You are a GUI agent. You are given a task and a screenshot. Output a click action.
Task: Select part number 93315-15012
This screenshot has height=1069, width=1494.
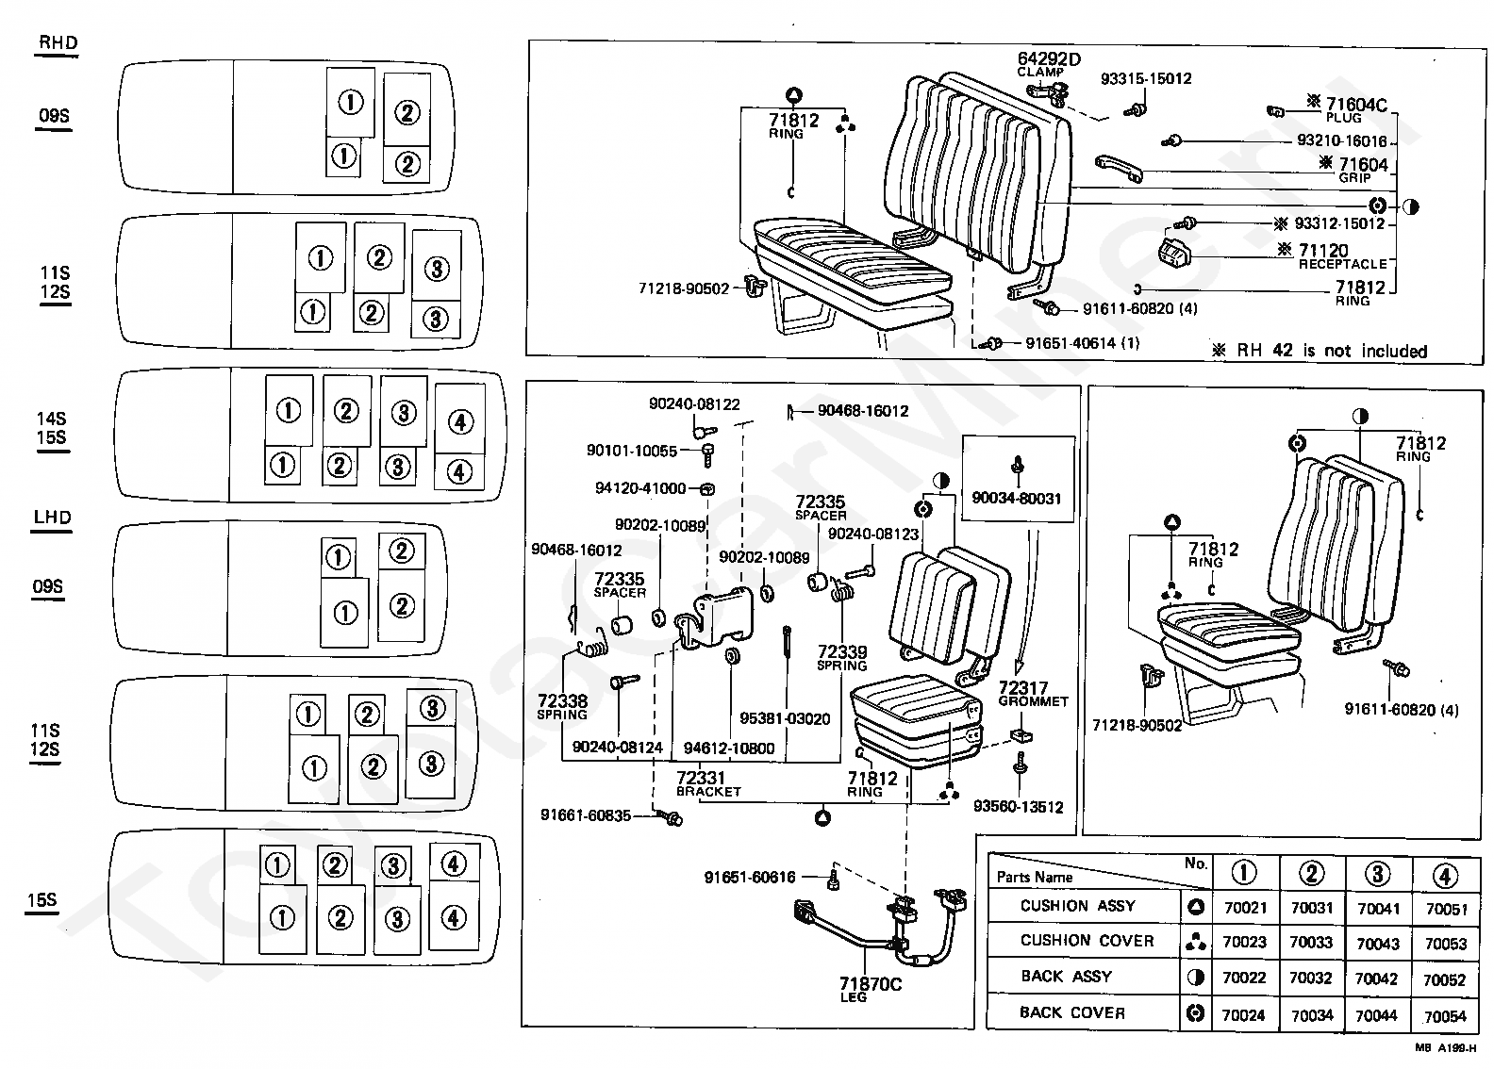[1146, 78]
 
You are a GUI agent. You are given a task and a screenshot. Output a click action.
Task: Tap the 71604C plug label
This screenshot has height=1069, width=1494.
[1356, 110]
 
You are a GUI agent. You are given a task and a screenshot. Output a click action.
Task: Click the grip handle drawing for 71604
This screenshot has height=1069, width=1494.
[1119, 168]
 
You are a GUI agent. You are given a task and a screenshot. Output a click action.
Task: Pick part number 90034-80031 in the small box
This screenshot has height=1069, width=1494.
[1016, 499]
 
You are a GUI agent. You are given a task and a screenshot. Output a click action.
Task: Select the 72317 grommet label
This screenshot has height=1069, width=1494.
[1033, 693]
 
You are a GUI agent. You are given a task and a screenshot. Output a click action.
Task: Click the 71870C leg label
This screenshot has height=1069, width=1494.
[870, 989]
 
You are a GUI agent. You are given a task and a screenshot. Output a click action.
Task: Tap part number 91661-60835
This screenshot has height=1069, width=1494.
[585, 815]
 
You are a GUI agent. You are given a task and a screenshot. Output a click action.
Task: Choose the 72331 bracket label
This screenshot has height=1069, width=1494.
[708, 783]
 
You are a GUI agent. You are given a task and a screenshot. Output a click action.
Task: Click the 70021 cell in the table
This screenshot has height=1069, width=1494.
[1245, 908]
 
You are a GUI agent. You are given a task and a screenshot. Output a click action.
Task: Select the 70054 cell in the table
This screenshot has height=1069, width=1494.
[1445, 1016]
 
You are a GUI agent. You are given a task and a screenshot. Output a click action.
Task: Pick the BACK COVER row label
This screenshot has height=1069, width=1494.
[1072, 1012]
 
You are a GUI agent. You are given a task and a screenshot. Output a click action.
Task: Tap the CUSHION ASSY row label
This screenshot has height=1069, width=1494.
[1078, 906]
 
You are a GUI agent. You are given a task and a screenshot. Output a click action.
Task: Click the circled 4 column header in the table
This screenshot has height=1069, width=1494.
[1445, 875]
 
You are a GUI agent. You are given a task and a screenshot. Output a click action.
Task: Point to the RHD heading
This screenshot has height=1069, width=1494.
[58, 42]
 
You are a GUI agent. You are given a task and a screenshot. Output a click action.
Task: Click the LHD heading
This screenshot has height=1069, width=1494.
[53, 518]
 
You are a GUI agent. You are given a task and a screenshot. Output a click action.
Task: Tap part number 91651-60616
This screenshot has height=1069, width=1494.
[750, 877]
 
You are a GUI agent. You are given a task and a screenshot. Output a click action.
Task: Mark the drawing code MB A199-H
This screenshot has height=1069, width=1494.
[1445, 1047]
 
